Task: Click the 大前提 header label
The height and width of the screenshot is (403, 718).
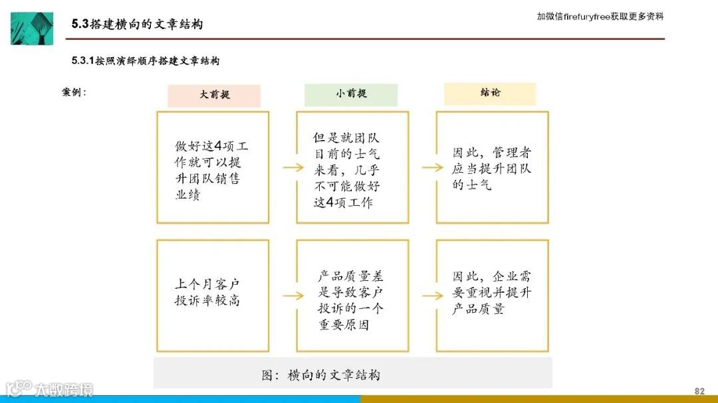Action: [x=214, y=95]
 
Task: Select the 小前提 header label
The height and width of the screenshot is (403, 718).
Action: [x=351, y=94]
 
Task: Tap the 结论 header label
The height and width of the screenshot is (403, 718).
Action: [x=490, y=93]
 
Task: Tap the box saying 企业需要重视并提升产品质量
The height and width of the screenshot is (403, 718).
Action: [x=492, y=293]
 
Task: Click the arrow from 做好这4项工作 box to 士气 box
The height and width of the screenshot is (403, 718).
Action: [x=293, y=167]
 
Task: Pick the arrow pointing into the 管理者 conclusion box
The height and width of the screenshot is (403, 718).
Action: [x=432, y=167]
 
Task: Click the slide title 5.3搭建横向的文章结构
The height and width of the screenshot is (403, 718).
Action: [x=137, y=25]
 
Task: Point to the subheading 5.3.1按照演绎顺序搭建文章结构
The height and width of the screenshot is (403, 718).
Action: [x=146, y=61]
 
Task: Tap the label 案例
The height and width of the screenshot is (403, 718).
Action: [x=74, y=92]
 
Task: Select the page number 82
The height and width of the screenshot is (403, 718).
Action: [x=699, y=390]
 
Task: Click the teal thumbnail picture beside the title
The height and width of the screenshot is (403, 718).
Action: [x=32, y=28]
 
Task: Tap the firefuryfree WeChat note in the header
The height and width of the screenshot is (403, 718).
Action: [x=600, y=17]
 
